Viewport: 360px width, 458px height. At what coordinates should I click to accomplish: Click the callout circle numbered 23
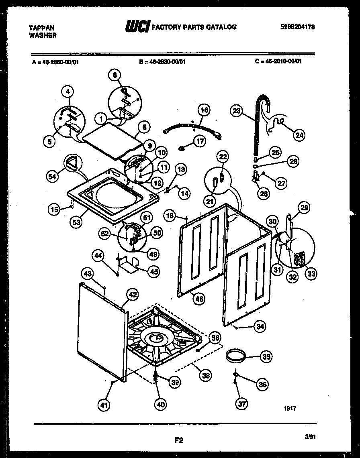(x=237, y=110)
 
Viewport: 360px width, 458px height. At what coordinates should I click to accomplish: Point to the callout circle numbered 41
(x=104, y=406)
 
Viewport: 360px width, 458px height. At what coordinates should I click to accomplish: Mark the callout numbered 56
(x=216, y=339)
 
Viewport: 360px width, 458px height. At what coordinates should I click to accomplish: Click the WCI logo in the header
(x=138, y=27)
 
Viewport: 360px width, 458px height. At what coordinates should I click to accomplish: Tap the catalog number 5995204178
(x=297, y=27)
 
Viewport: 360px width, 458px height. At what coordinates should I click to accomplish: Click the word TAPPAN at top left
(x=42, y=28)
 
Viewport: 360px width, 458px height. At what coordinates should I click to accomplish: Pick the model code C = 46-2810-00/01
(x=278, y=61)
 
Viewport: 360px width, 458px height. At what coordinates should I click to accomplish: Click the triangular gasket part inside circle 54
(x=72, y=164)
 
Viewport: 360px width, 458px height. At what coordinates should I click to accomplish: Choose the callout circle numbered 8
(x=115, y=75)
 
